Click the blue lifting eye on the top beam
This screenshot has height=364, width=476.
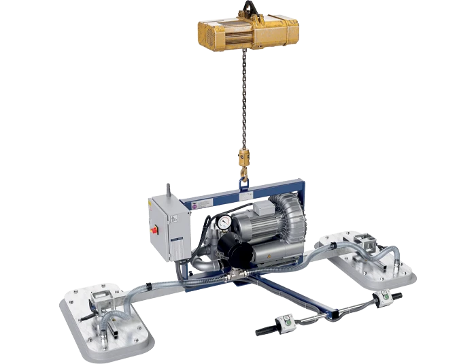point(243,182)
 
